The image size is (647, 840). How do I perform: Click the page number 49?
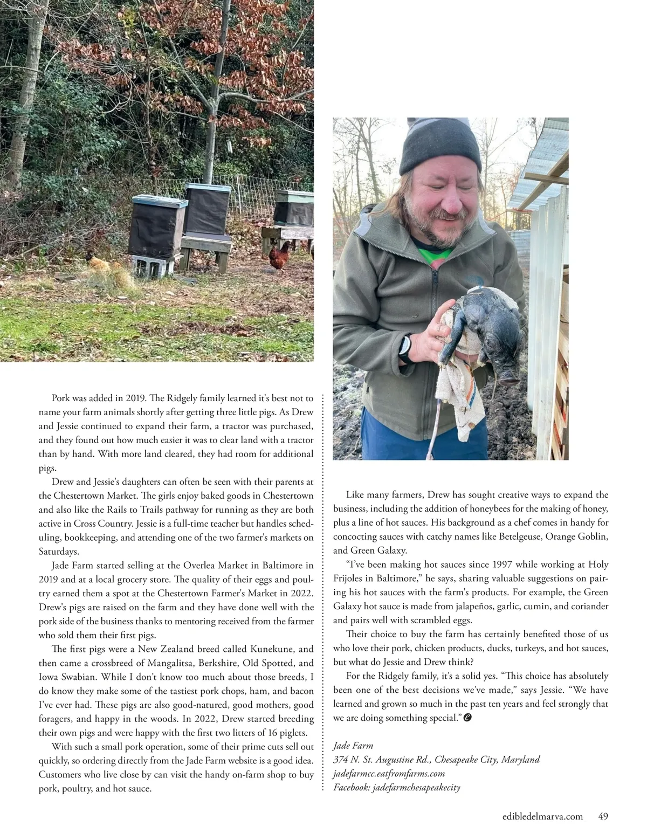(603, 816)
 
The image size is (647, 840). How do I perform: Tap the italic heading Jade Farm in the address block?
(353, 746)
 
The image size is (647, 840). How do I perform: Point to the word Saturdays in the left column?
(59, 552)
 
